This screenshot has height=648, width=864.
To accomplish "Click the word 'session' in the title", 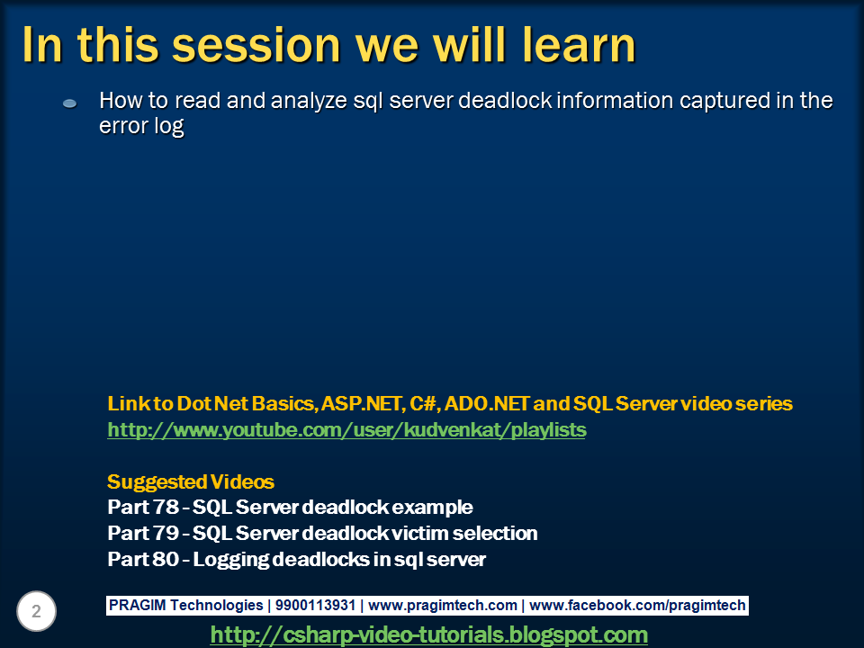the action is [x=256, y=45].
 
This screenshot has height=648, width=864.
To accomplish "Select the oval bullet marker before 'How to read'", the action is [x=69, y=103].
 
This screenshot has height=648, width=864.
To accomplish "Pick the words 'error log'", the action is [x=141, y=126].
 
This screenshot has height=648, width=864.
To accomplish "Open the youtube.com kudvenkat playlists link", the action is [x=346, y=429].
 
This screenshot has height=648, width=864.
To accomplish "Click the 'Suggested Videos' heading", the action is [x=191, y=481].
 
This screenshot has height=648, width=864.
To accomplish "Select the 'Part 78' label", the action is [x=143, y=507].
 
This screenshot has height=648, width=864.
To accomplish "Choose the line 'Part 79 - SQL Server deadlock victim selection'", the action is [x=322, y=533].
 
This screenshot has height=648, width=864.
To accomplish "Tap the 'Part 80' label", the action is [x=143, y=559].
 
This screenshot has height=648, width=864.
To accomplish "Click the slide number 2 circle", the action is [x=36, y=611].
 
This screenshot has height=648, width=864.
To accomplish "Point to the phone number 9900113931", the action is [x=315, y=605].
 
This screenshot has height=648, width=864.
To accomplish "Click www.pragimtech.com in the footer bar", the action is [x=443, y=605].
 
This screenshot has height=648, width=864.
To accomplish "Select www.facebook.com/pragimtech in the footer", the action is [x=637, y=605].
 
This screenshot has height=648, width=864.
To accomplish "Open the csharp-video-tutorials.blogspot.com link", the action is [x=428, y=634].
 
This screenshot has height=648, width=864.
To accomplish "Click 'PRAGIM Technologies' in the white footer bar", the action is [x=185, y=605].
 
